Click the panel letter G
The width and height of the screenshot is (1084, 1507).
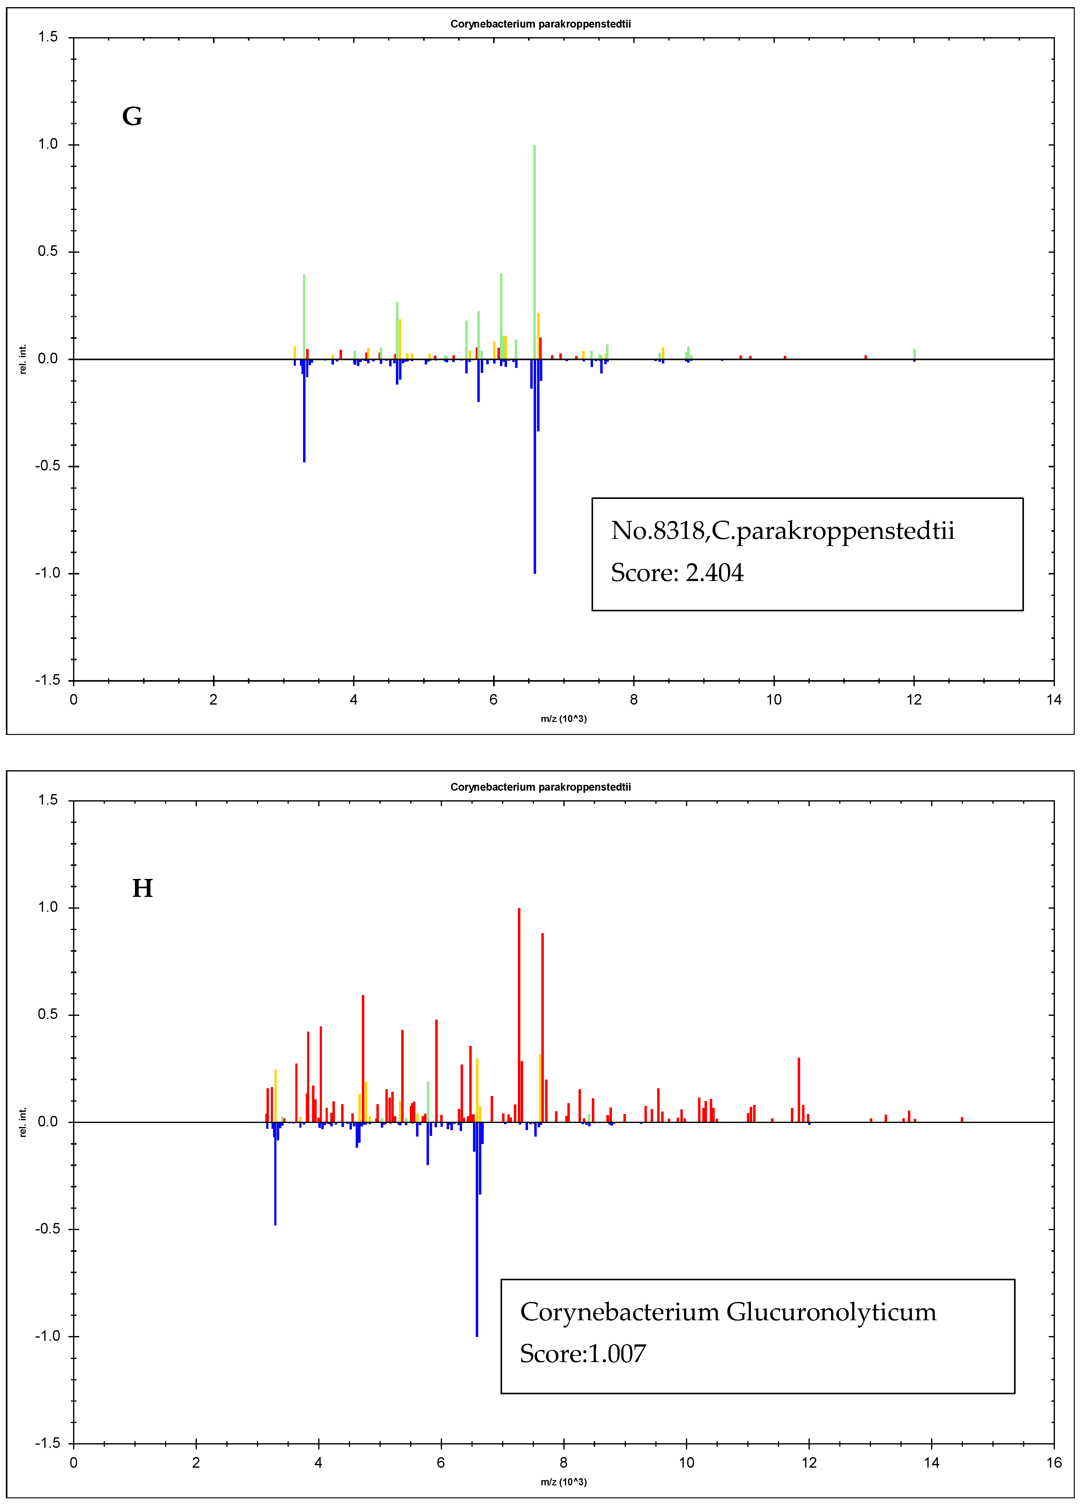[132, 117]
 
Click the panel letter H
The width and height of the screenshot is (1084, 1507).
[143, 889]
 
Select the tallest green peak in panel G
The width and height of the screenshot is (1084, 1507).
[535, 252]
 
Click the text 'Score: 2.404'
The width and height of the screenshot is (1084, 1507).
[677, 573]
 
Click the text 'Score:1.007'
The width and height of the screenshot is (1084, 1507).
[583, 1353]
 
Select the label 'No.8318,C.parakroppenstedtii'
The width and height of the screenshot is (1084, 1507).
[783, 531]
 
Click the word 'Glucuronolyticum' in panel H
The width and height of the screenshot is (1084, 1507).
[831, 1312]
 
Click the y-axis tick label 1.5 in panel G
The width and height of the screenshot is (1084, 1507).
[48, 37]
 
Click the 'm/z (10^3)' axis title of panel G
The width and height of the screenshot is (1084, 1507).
[563, 719]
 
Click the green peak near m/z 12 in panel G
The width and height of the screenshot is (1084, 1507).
[915, 353]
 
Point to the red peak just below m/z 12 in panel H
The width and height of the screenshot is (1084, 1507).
[798, 1090]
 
